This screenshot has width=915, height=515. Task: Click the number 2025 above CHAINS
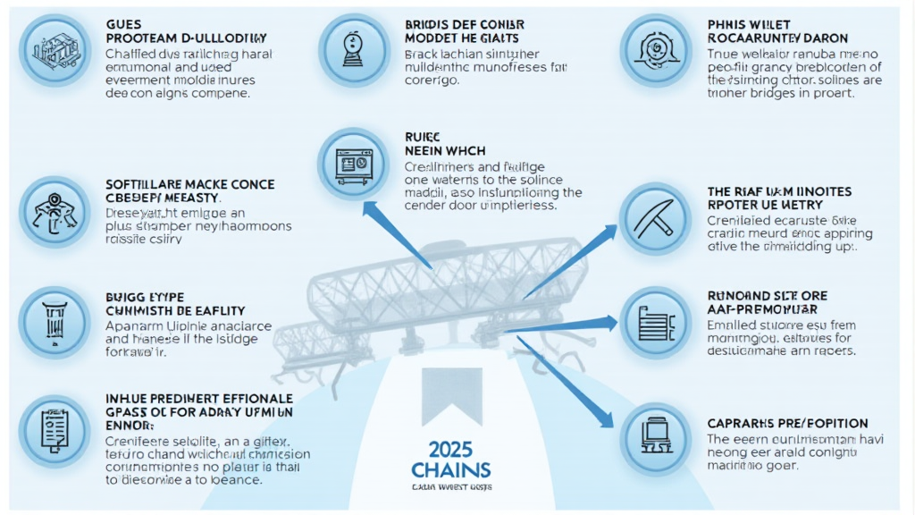pos(451,449)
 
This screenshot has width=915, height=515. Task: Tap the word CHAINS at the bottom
pos(451,470)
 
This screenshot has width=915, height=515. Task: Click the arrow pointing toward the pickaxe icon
pos(572,259)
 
